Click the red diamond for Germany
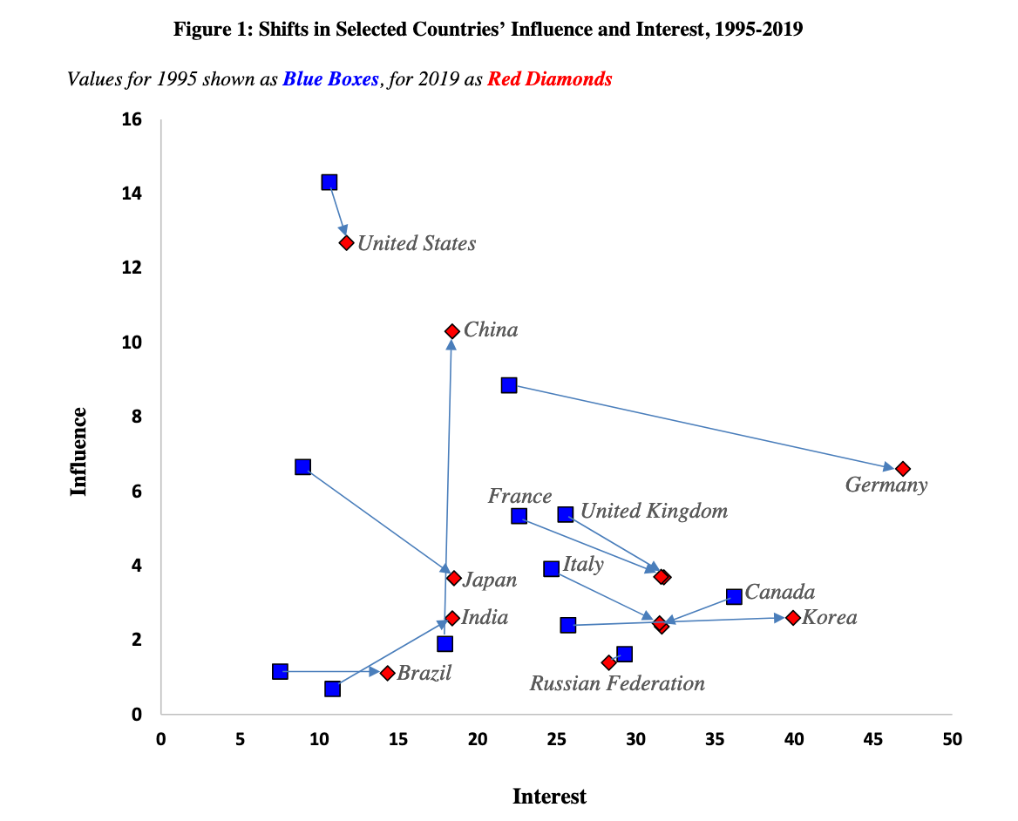[902, 469]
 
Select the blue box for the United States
[329, 182]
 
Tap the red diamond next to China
[451, 331]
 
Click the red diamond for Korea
[792, 618]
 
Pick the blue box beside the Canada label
[734, 596]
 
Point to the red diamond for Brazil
[387, 673]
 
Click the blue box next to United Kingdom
[566, 514]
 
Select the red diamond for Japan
[453, 578]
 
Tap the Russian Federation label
[617, 683]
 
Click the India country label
[485, 618]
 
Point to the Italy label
[583, 564]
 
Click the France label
[519, 496]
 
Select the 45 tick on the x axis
[872, 740]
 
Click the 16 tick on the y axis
[132, 119]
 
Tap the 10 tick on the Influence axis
[132, 342]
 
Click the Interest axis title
[549, 796]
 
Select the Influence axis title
[79, 451]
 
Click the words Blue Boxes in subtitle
[331, 78]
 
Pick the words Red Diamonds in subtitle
[549, 78]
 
